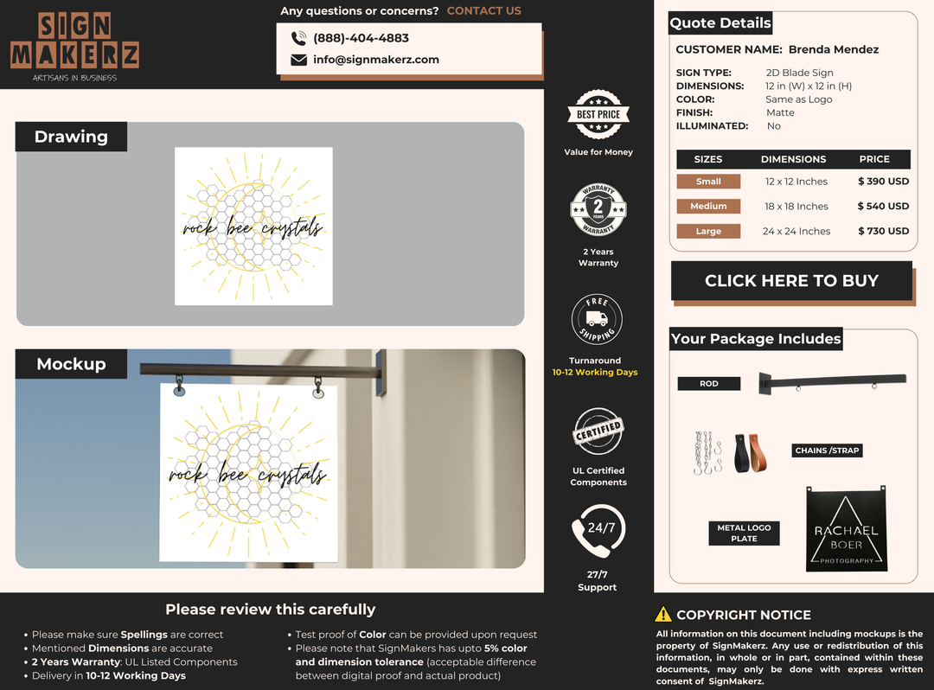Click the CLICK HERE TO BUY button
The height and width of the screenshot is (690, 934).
(791, 281)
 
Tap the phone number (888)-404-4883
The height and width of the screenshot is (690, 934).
(361, 38)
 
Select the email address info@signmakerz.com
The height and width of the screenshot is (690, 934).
(376, 60)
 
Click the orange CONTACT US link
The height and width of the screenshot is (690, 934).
(484, 11)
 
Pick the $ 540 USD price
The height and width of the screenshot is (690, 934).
(883, 207)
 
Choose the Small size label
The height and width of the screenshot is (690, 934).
(708, 182)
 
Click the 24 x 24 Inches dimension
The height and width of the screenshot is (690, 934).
(796, 232)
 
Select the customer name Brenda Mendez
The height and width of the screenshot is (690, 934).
(833, 49)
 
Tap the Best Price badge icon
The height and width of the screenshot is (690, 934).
(598, 114)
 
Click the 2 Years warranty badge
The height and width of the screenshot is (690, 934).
(598, 210)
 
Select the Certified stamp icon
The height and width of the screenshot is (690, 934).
(598, 431)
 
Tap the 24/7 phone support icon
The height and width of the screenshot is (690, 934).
(598, 531)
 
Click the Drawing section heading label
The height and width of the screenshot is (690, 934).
(71, 137)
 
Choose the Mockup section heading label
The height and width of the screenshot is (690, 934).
(71, 364)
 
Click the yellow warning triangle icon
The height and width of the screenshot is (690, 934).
(663, 615)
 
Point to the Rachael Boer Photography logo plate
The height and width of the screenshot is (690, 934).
(847, 529)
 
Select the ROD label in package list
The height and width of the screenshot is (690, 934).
(709, 384)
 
